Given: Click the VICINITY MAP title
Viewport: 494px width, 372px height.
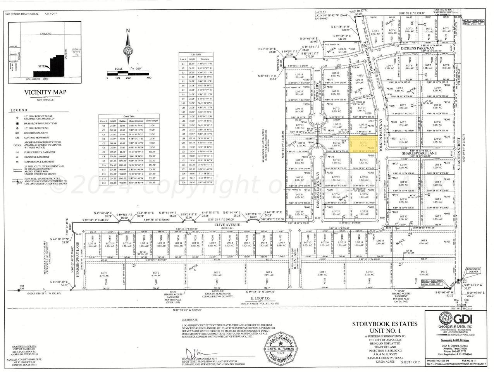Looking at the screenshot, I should (45, 92).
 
